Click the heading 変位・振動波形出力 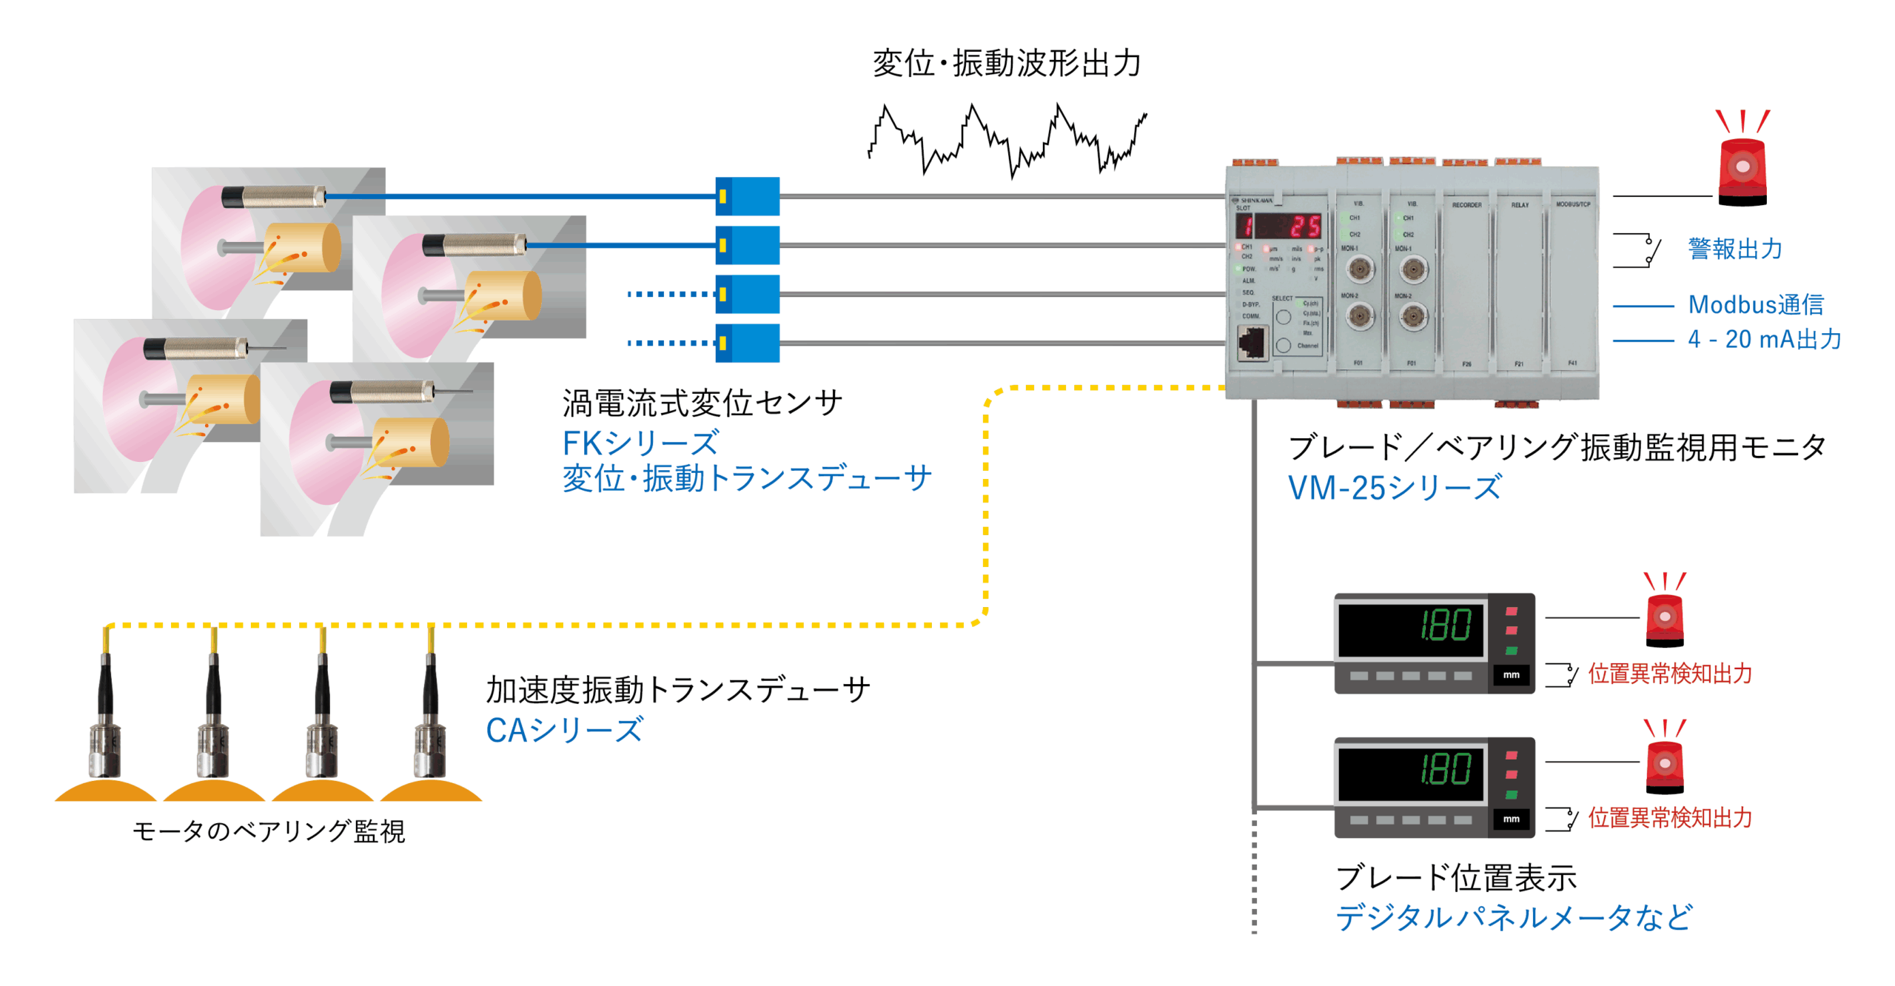(x=1006, y=64)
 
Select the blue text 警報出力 (x=1734, y=249)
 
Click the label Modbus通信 (x=1755, y=305)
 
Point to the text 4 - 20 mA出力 (x=1764, y=340)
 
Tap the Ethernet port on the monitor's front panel (x=1252, y=343)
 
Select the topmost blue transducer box (x=747, y=196)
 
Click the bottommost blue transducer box (x=747, y=343)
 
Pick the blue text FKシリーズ (x=640, y=443)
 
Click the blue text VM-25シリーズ (x=1395, y=489)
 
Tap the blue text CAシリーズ (x=564, y=731)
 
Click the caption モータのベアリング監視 (x=269, y=831)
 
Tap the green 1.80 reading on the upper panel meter (x=1446, y=626)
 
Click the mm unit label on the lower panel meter (x=1511, y=819)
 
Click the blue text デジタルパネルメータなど (x=1514, y=918)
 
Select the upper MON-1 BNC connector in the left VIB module (x=1359, y=269)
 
